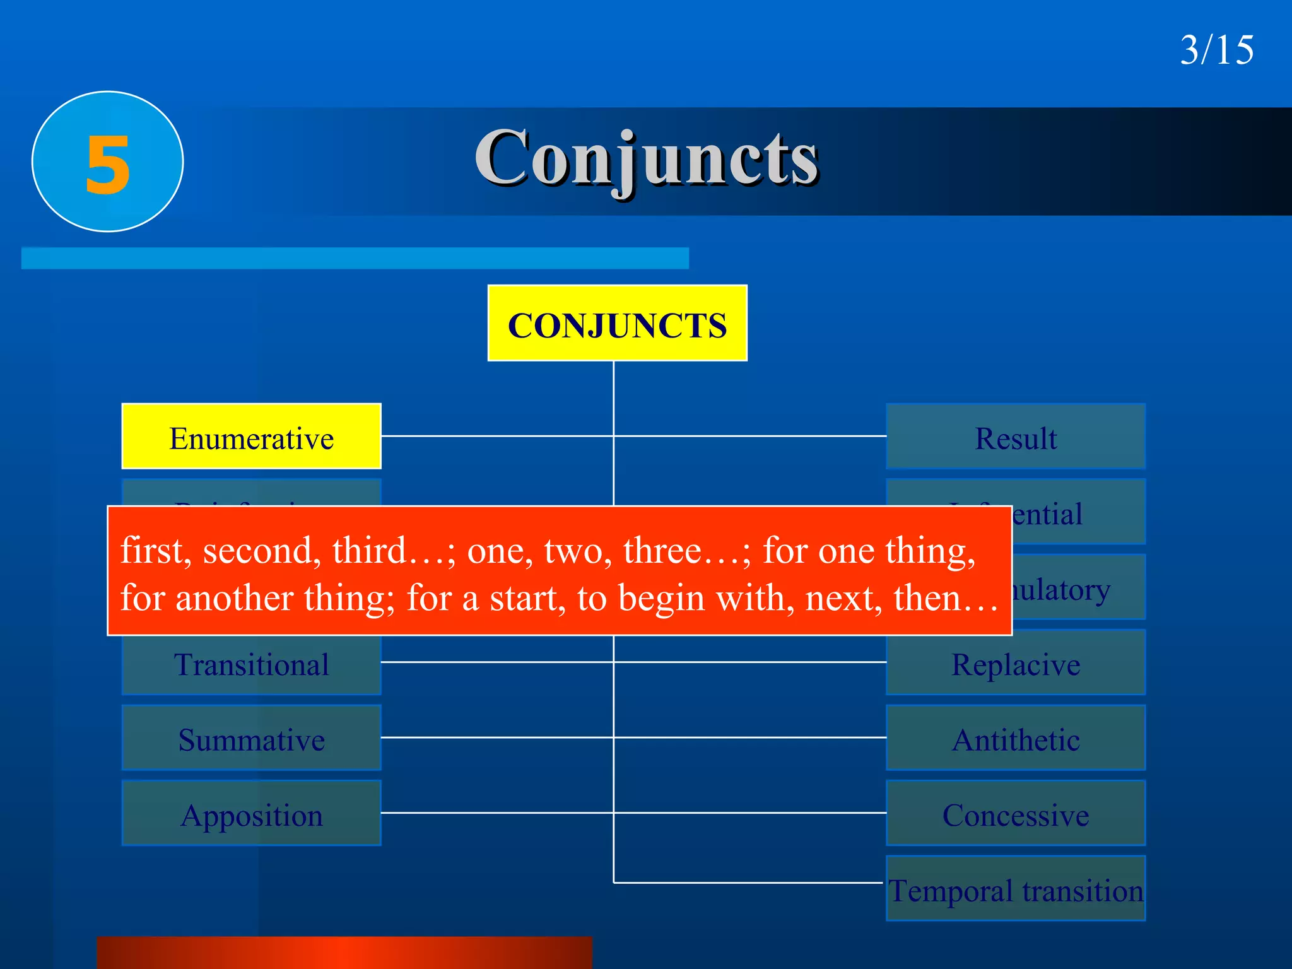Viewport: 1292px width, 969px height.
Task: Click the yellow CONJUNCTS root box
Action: [x=617, y=323]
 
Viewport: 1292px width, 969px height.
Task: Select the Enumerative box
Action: [x=251, y=437]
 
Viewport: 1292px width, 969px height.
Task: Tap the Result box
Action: [x=1016, y=437]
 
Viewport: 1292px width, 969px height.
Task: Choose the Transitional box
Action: [x=251, y=665]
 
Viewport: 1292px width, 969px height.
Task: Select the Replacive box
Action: [x=1016, y=664]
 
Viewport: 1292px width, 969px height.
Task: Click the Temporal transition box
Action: [x=1016, y=890]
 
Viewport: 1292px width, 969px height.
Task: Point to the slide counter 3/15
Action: [x=1216, y=50]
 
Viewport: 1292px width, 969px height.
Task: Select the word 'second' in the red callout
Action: [x=257, y=551]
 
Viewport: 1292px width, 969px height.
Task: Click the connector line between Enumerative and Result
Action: [x=505, y=436]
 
